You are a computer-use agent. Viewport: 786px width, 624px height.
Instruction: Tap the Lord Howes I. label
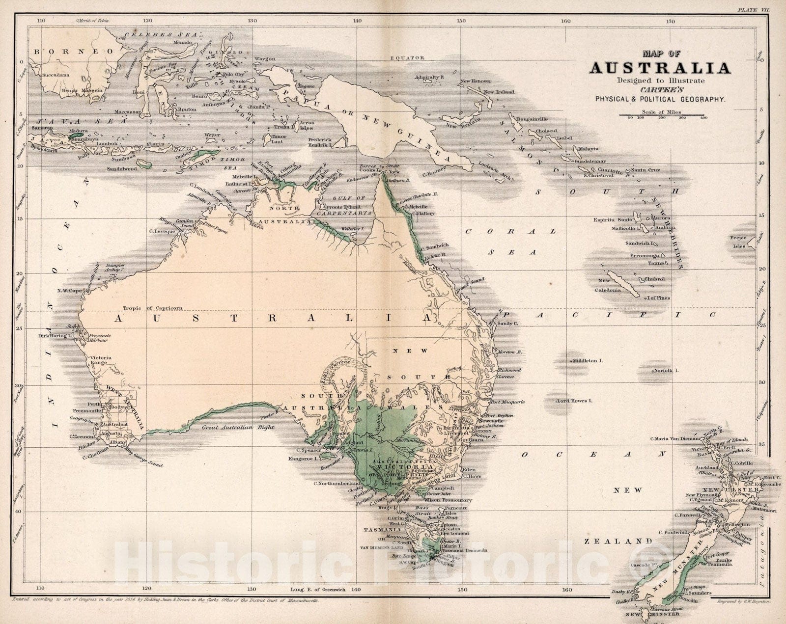574,401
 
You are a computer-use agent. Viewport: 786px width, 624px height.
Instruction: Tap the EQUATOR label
407,58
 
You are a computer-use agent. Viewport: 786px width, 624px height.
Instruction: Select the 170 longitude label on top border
671,21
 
